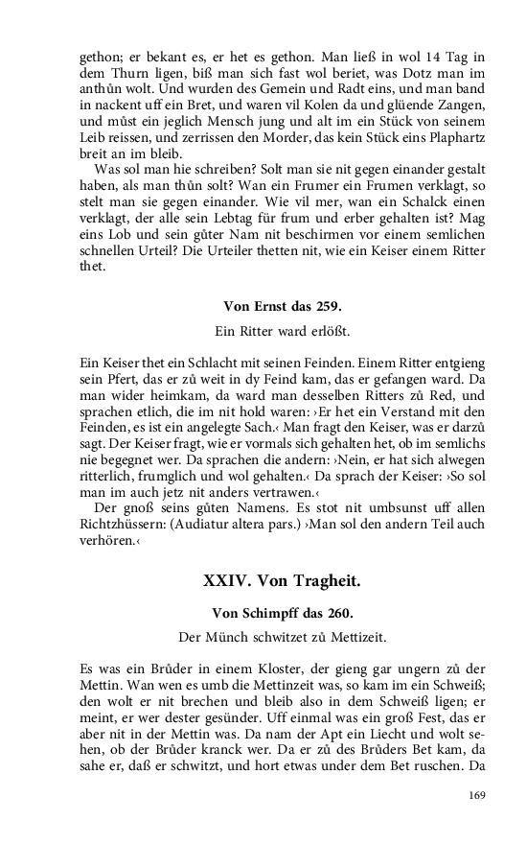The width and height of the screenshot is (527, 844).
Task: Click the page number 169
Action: tap(477, 794)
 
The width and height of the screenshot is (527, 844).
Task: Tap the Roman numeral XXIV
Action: tap(227, 581)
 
